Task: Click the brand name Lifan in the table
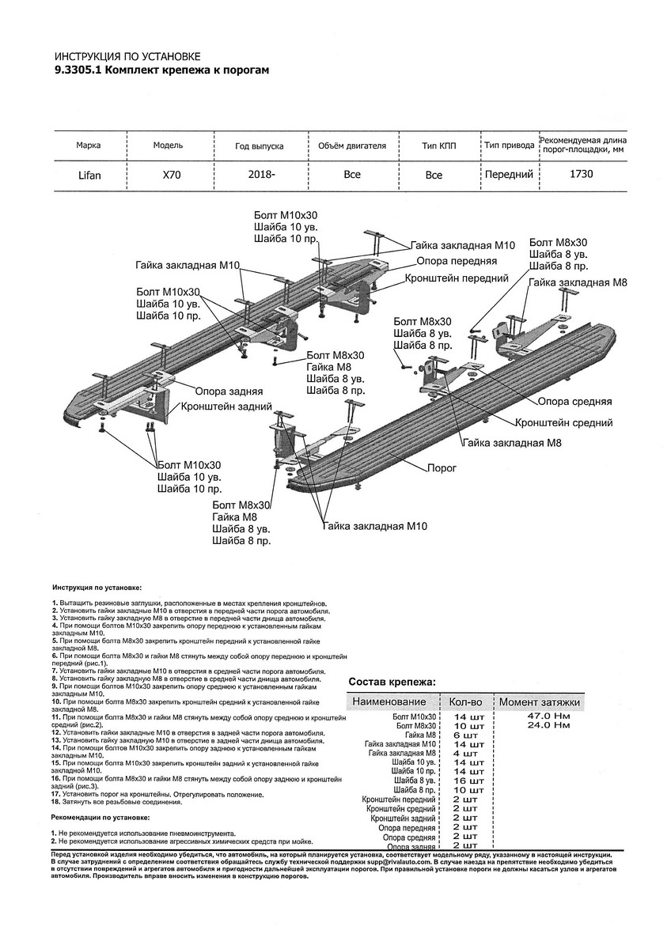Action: point(87,175)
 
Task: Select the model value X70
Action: point(172,175)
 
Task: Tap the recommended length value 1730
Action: point(582,174)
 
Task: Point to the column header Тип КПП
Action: point(434,146)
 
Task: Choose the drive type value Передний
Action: point(508,174)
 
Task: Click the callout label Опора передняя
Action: point(456,260)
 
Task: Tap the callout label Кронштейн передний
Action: point(456,278)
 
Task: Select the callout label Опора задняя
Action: point(225,391)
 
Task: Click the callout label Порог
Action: point(442,467)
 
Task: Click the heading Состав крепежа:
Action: point(391,682)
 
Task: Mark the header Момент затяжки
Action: point(540,701)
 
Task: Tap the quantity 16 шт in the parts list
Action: point(466,780)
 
